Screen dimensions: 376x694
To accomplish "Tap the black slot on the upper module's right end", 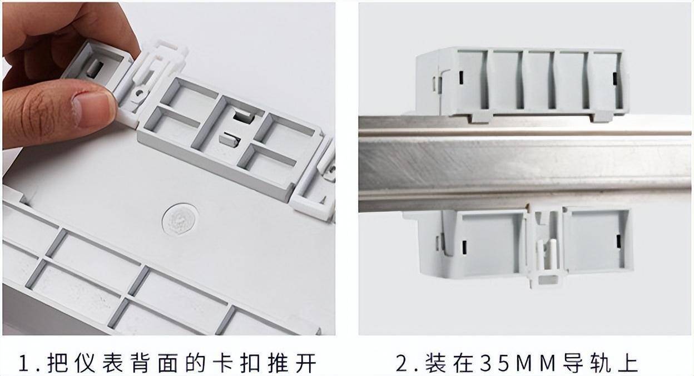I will [x=614, y=78].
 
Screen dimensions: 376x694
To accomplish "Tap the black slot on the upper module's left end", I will [x=462, y=78].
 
